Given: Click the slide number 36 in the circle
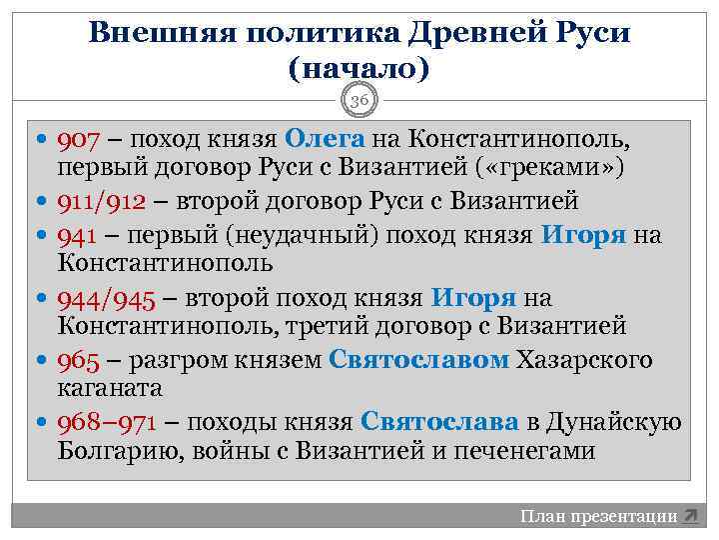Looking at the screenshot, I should pyautogui.click(x=359, y=100).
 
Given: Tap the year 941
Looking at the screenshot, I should pyautogui.click(x=75, y=235).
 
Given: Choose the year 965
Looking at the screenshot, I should pyautogui.click(x=76, y=360).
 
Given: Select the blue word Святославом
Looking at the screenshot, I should pyautogui.click(x=418, y=360).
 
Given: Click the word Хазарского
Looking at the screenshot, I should pyautogui.click(x=584, y=360).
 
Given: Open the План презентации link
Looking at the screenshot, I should pyautogui.click(x=598, y=516).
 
